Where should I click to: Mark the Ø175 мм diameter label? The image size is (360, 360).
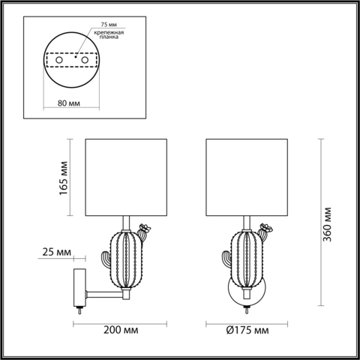tap(245, 329)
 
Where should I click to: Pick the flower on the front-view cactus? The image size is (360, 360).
tap(265, 226)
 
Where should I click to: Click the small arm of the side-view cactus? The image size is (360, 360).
tap(106, 259)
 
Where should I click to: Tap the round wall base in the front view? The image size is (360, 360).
tap(245, 295)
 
